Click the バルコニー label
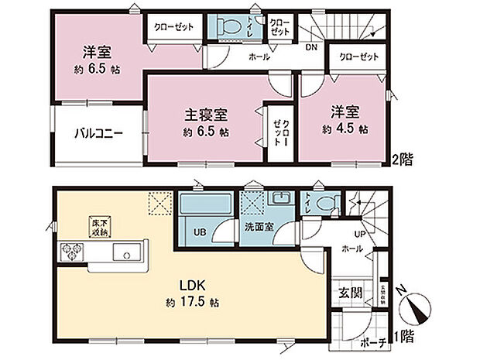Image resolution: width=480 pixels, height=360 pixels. pos(98,132)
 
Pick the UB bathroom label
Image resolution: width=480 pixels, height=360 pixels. pos(198,231)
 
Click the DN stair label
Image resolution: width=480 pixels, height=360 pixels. pos(310,47)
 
